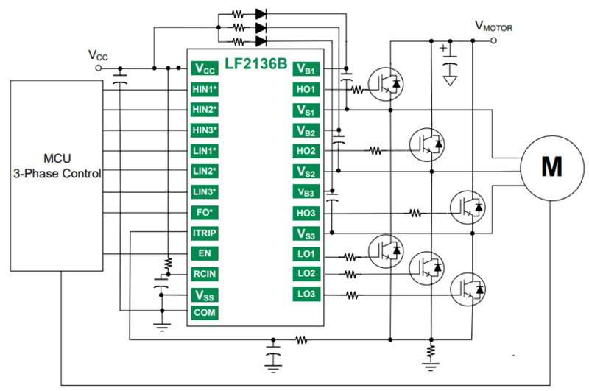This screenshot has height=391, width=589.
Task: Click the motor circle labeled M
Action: (551, 167)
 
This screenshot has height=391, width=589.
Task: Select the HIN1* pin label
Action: (205, 89)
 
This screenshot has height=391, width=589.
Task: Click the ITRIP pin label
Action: (205, 234)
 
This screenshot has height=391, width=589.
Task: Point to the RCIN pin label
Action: (205, 275)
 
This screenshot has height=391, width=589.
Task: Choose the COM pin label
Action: (205, 312)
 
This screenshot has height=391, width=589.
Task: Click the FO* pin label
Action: (205, 214)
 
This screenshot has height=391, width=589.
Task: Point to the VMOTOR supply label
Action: (493, 27)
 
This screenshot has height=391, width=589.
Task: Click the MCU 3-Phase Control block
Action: (56, 167)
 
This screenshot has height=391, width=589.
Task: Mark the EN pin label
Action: (205, 254)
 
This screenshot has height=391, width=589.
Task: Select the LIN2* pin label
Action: (205, 172)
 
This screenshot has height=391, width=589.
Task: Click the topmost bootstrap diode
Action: (260, 13)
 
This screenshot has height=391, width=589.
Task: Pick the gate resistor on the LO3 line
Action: (353, 296)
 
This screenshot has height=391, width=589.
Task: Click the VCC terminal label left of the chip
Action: (97, 55)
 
